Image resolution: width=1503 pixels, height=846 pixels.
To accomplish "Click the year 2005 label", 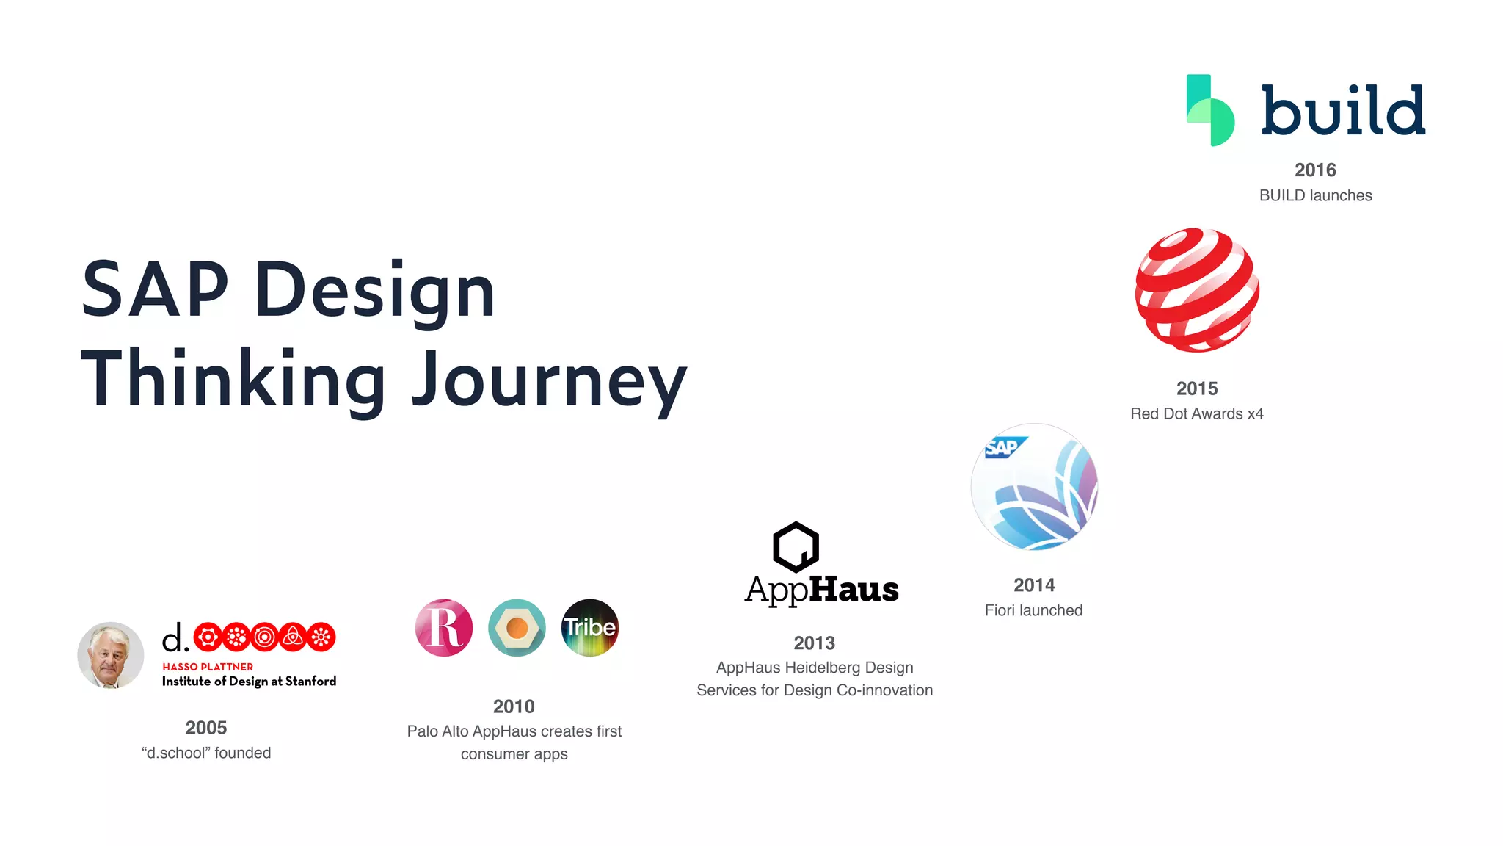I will click(206, 728).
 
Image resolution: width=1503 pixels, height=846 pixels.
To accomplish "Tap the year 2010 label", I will click(514, 706).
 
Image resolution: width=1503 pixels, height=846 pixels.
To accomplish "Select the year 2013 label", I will click(814, 643).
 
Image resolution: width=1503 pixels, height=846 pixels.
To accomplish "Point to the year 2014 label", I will click(1034, 585).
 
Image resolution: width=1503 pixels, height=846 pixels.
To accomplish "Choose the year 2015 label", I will click(1197, 388).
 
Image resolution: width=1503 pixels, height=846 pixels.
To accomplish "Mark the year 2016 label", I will click(1315, 170).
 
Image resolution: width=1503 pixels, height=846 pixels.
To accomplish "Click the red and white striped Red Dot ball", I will click(1197, 290).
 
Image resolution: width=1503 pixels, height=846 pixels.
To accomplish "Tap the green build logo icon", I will click(1210, 110).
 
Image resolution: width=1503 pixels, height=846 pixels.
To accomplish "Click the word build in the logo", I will click(1343, 110).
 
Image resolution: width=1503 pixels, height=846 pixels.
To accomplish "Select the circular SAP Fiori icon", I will click(1034, 487).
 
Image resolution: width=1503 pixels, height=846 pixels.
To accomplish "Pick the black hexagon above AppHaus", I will click(796, 547).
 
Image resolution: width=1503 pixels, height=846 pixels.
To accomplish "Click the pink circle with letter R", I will click(444, 628).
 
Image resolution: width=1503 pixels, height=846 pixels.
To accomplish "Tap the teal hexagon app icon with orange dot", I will click(517, 628).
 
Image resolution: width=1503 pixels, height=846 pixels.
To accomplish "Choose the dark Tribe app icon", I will click(590, 628).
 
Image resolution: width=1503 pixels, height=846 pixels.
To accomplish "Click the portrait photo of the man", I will click(111, 655).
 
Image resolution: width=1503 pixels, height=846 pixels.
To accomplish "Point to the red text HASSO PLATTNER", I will click(208, 667).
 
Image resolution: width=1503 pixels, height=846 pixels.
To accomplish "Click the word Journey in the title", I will click(549, 380).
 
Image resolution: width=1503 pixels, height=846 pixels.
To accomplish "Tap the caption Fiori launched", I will click(1033, 610).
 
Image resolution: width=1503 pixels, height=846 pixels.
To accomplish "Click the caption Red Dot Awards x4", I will click(1197, 414).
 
